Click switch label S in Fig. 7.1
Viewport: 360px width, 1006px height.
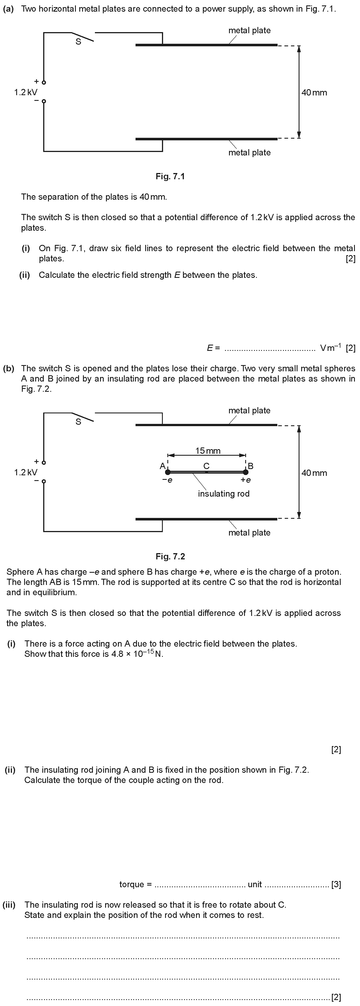[78, 42]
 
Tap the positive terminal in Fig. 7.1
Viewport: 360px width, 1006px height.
[44, 82]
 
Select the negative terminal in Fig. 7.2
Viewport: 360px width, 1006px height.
[44, 481]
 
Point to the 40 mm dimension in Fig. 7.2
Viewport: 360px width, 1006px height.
[314, 473]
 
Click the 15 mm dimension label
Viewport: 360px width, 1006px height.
[208, 451]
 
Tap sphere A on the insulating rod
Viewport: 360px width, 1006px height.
[168, 472]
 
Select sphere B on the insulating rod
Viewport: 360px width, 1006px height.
[245, 472]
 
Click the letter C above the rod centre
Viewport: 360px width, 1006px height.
[207, 466]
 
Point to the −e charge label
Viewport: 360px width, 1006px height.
[167, 480]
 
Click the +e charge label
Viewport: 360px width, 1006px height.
[245, 480]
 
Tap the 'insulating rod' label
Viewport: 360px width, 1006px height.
[224, 494]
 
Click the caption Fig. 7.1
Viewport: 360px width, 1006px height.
[170, 176]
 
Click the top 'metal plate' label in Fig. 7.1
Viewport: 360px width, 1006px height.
[249, 30]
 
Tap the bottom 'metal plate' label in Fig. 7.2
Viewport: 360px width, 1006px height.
[249, 533]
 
